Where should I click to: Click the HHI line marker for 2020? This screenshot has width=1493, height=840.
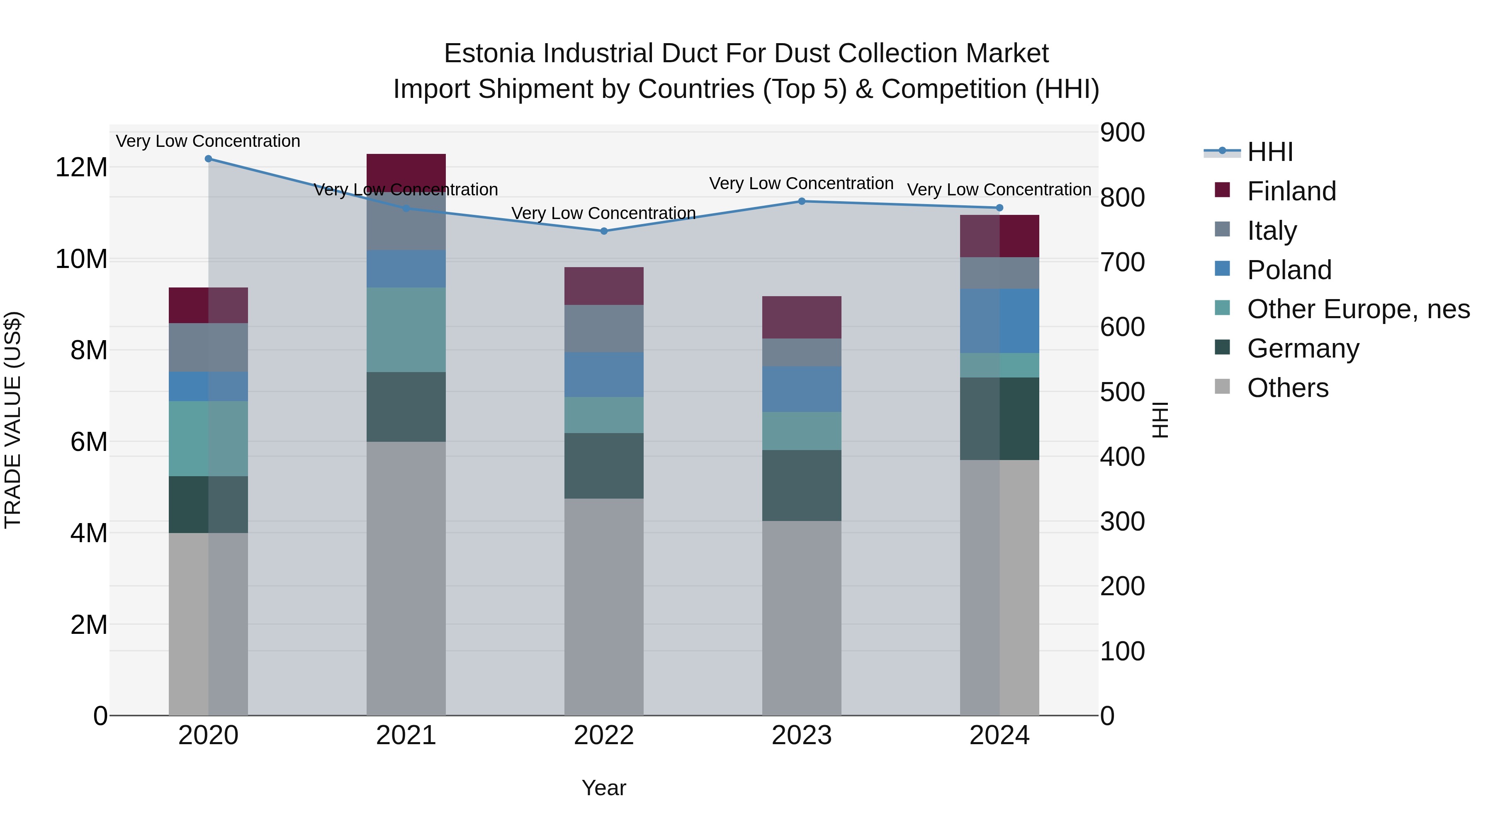(x=208, y=159)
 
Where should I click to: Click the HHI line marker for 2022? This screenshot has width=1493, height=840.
(x=604, y=231)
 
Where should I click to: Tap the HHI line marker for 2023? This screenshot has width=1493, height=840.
(x=802, y=201)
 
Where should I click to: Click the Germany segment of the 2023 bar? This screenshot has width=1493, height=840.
(x=802, y=485)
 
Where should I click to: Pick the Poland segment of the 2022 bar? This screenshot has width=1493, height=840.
(x=604, y=375)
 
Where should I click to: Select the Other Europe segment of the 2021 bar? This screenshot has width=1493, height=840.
(x=406, y=329)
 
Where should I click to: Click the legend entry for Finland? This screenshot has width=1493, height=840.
(x=1291, y=191)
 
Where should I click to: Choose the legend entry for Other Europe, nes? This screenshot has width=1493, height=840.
(x=1358, y=309)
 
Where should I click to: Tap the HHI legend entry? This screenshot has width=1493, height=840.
(x=1269, y=152)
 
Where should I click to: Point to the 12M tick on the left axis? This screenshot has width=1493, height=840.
(x=81, y=168)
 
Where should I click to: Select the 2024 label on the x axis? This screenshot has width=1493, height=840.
(x=999, y=735)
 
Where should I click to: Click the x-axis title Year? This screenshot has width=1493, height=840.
(x=604, y=788)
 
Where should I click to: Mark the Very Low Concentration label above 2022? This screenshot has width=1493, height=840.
(x=603, y=213)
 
